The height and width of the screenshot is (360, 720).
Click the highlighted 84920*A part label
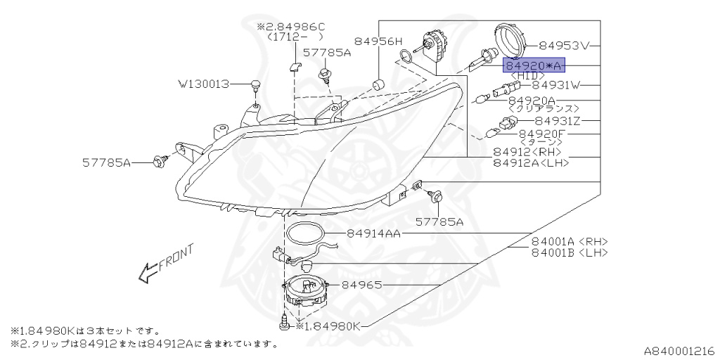(x=534, y=65)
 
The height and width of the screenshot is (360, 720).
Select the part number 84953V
(x=563, y=46)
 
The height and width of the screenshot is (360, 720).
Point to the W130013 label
(x=203, y=84)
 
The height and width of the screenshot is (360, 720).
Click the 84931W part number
(x=557, y=85)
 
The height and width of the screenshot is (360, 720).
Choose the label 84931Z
(x=558, y=121)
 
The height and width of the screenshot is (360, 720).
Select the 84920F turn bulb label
(x=542, y=134)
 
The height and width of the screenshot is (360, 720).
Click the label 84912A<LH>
(x=532, y=162)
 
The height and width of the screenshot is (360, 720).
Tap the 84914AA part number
(x=374, y=233)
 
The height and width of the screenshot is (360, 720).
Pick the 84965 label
(x=362, y=285)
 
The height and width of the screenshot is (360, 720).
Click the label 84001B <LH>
(x=570, y=252)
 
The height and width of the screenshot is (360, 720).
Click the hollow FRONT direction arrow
(x=148, y=272)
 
